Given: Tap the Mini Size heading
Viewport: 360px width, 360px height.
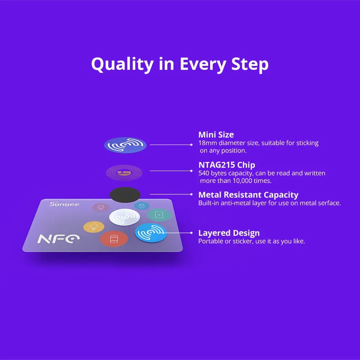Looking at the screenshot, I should tap(216, 135).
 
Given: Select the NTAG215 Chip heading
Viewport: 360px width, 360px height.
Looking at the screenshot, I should tap(227, 165).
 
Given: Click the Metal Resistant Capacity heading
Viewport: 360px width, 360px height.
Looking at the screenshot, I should tap(248, 195).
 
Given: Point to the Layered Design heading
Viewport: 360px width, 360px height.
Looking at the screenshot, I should tap(229, 233).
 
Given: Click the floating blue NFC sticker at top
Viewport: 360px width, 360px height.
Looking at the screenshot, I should tap(125, 145).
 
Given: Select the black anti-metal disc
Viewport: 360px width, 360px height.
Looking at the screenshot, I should tap(125, 195).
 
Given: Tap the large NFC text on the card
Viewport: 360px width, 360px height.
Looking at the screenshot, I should tap(54, 239).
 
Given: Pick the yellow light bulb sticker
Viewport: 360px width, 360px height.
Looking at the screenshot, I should tap(94, 227).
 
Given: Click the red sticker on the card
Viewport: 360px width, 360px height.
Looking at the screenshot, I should tap(114, 239).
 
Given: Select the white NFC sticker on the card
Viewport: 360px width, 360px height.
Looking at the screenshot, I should tap(125, 217).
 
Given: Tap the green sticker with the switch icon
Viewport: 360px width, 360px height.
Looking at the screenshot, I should tap(159, 215).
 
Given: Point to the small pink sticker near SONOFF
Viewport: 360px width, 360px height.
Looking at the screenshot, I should tap(101, 207).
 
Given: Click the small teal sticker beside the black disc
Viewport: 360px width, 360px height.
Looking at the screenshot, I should tap(141, 206).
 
